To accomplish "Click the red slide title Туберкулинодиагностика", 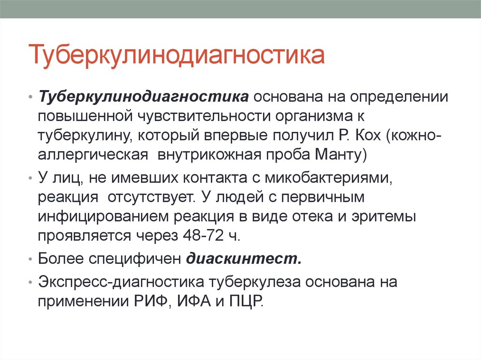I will point(177,55).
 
